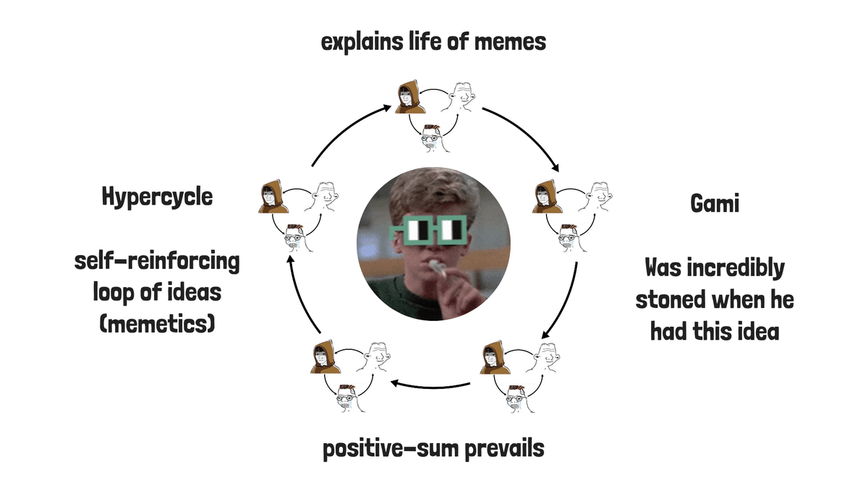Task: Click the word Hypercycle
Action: pos(157,197)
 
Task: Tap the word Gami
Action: pos(714,204)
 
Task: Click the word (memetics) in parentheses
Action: pos(157,323)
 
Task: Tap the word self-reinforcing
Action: pos(157,261)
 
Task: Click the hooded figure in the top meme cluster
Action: pos(409,98)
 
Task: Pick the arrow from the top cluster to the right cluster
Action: pos(524,135)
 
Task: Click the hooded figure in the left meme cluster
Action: pos(271,197)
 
